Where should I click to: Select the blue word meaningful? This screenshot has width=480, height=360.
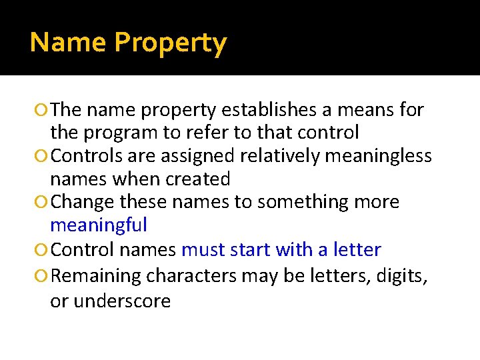(x=99, y=225)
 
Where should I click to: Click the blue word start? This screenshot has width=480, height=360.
(x=250, y=250)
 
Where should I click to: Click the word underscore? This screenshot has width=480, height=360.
(x=122, y=301)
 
